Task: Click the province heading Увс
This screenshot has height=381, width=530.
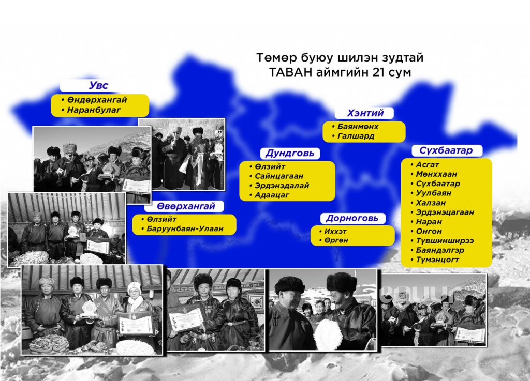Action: click(x=98, y=85)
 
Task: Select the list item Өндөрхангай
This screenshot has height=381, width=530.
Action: click(x=97, y=100)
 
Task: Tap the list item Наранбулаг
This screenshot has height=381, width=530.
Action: click(x=94, y=110)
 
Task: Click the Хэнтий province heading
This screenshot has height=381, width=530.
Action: click(x=365, y=113)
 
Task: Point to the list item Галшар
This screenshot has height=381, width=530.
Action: click(x=356, y=136)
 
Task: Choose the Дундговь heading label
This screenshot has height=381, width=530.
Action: click(x=290, y=153)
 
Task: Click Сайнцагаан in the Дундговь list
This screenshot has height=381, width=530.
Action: click(x=279, y=176)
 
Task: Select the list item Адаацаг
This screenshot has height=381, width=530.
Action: click(x=272, y=195)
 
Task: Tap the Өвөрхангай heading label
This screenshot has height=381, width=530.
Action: click(x=186, y=206)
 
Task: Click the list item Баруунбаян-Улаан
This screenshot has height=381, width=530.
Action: click(x=185, y=229)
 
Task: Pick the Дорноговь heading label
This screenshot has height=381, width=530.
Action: click(x=352, y=219)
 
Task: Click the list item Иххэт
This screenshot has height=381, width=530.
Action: click(x=335, y=232)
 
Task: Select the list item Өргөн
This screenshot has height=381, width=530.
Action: click(x=336, y=240)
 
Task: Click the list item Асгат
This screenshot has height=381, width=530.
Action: click(x=427, y=165)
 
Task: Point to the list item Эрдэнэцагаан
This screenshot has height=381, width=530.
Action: click(x=445, y=212)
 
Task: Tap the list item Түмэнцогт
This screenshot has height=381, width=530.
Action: click(x=437, y=260)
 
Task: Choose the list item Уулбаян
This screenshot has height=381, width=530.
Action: click(x=433, y=193)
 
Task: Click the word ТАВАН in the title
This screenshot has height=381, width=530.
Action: click(x=291, y=72)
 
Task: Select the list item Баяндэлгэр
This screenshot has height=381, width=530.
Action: click(x=440, y=250)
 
